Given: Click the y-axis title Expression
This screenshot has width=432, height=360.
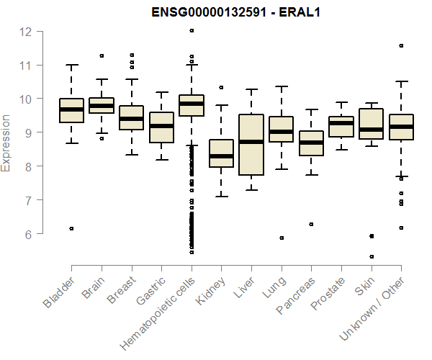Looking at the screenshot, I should [6, 143].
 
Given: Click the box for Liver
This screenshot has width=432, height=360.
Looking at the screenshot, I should [251, 144].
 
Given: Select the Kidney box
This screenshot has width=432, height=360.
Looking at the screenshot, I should [221, 153].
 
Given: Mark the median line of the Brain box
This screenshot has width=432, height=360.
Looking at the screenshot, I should [101, 106].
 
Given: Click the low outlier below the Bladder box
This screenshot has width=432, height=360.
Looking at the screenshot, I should [71, 228].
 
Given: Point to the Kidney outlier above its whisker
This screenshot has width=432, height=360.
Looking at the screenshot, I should [221, 87].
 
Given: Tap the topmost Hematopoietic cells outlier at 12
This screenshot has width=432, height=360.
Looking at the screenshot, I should [191, 31].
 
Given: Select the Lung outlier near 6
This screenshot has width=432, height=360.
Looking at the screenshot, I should [281, 238].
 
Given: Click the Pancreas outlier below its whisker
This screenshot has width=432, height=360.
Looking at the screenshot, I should [311, 224].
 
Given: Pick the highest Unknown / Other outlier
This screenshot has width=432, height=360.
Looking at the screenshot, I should [400, 45].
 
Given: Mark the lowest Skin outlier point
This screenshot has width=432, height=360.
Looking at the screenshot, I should [371, 256].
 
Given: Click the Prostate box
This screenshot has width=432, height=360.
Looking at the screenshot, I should [341, 126].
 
